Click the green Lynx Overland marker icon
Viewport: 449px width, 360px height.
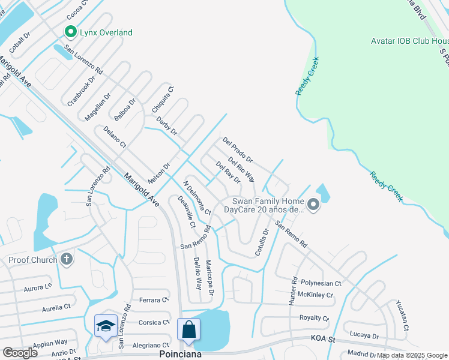(x=70, y=32)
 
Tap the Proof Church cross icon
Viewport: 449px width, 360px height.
(x=67, y=260)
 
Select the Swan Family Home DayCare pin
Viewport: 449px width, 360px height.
(x=313, y=206)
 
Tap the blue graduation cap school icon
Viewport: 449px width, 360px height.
(x=106, y=326)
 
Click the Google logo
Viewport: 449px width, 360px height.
(x=20, y=352)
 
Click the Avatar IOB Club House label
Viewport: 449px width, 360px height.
(x=409, y=41)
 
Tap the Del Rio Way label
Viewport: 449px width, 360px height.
(x=241, y=170)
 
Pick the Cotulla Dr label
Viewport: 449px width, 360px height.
(x=262, y=242)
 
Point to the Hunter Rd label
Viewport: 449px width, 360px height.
(x=294, y=289)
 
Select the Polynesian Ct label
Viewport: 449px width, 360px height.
(x=321, y=283)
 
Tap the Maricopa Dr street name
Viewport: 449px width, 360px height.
(x=209, y=278)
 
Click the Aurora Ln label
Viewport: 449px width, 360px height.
(x=38, y=288)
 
